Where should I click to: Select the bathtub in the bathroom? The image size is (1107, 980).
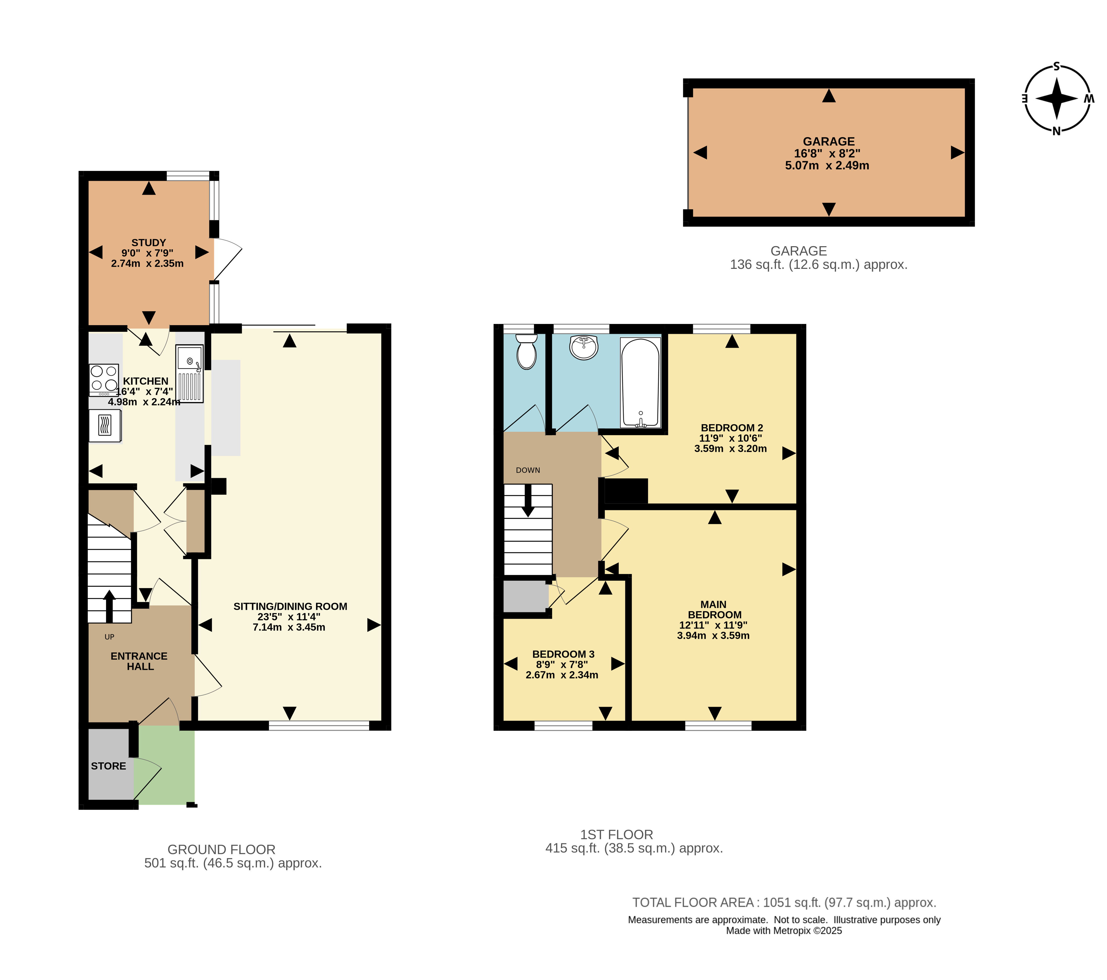(640, 382)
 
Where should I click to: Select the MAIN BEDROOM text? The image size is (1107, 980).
(714, 610)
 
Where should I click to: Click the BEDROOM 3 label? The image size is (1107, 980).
(563, 654)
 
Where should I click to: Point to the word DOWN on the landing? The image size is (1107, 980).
(528, 470)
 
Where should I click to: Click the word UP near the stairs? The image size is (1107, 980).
(109, 637)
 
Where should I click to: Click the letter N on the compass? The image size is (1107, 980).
(1056, 131)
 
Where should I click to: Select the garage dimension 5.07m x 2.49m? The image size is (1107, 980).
(827, 166)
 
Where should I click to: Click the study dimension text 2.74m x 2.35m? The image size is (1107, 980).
(147, 264)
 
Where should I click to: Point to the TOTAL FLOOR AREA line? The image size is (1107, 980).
(784, 902)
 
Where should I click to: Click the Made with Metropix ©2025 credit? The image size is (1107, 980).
(784, 931)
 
